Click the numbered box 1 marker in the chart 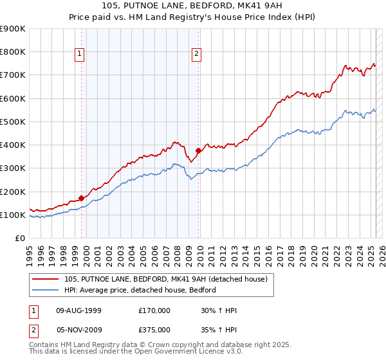(79, 55)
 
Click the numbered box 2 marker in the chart (196, 55)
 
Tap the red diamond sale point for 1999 (81, 198)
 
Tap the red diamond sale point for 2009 (199, 150)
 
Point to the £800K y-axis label (13, 52)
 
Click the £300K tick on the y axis (13, 168)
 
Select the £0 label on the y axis (19, 239)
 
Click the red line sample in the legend (47, 278)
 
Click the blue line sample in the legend (47, 290)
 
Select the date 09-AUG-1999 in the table (78, 310)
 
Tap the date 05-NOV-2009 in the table (79, 330)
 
